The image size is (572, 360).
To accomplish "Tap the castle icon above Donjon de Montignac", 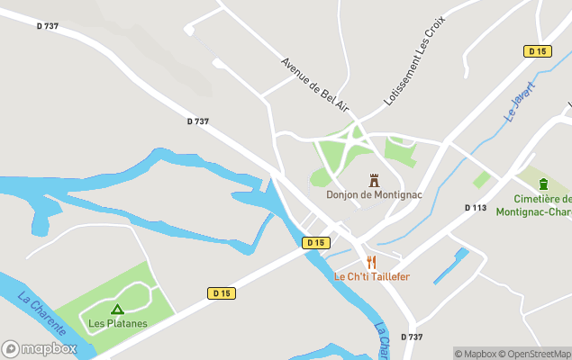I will click(x=374, y=180).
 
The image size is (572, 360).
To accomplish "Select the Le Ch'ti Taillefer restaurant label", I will click(x=371, y=276).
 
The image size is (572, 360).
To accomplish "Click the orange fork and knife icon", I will click(x=371, y=262).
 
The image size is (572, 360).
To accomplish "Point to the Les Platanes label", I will click(x=117, y=322).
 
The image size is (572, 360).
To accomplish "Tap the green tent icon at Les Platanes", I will click(x=117, y=309).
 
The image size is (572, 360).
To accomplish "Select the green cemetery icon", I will click(x=543, y=184).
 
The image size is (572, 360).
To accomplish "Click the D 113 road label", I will click(x=476, y=208).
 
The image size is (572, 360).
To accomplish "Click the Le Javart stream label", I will click(x=520, y=102).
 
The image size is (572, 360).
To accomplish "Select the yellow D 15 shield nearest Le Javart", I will click(x=537, y=51).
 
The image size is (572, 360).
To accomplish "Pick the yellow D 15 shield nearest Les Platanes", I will click(x=222, y=293).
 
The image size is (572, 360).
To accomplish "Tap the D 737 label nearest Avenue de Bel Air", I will click(x=198, y=121).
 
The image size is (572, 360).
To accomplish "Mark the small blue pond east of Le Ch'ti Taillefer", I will click(x=451, y=265).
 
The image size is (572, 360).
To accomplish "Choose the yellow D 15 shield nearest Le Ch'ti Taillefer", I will click(x=314, y=243).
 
